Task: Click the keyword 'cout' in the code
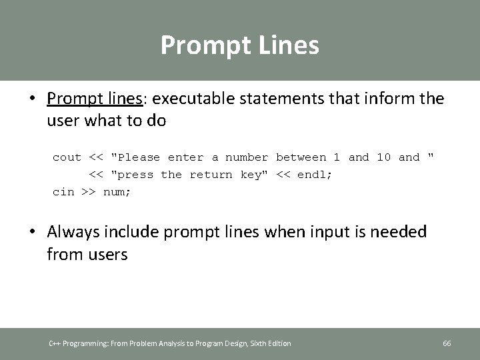tap(67, 157)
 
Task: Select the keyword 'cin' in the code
tap(63, 192)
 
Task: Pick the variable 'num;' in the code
tap(117, 192)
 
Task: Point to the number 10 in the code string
tap(383, 157)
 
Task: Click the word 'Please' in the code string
tap(137, 157)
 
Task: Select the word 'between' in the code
tap(301, 157)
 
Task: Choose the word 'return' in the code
tap(211, 175)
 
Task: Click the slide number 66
tap(447, 343)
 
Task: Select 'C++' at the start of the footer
tap(55, 343)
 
